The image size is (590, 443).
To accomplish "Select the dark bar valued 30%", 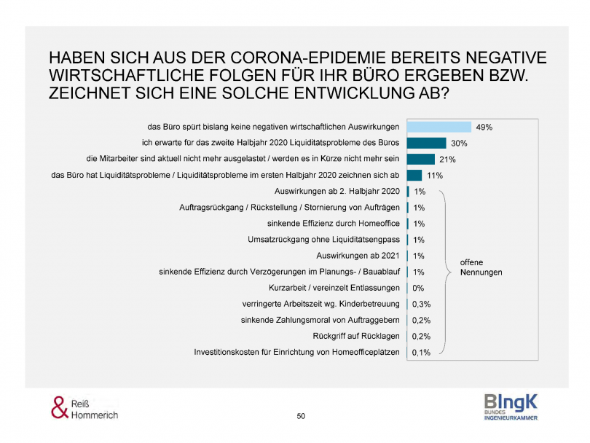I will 426,143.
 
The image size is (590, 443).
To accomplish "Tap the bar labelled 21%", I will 420,159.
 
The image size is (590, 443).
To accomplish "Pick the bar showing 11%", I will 414,175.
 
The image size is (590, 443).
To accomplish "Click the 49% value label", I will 484,127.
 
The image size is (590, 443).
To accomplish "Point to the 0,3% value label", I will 422,304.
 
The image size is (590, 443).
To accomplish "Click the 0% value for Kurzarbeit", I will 418,288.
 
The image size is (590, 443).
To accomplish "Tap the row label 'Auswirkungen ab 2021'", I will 359,256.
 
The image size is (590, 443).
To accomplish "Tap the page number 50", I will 301,415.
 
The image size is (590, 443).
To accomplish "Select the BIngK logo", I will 511,406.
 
